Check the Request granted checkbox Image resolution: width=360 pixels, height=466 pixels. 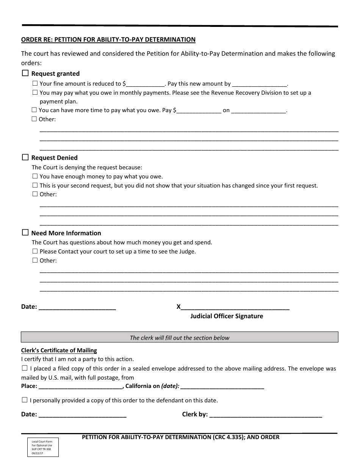point(25,73)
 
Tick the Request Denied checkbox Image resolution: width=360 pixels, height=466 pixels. point(25,157)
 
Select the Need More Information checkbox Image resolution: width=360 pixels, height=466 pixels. point(25,233)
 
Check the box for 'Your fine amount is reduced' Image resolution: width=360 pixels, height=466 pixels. point(35,83)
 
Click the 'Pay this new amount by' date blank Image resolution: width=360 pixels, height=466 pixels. point(260,84)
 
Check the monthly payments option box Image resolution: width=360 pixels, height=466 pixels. point(35,92)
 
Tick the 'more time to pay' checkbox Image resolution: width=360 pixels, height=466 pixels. point(34,110)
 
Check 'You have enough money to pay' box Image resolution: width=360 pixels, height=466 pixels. point(35,176)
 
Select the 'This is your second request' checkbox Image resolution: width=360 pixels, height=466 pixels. point(35,185)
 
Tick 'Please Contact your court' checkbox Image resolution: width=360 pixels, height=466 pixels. point(35,251)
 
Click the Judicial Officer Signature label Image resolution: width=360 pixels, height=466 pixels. point(227,316)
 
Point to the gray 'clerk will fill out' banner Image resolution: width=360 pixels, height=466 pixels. point(179,338)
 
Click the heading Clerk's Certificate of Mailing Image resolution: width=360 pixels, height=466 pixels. point(59,350)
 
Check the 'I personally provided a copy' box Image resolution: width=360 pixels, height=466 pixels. point(25,400)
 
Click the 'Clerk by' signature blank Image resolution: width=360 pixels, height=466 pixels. point(265,414)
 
